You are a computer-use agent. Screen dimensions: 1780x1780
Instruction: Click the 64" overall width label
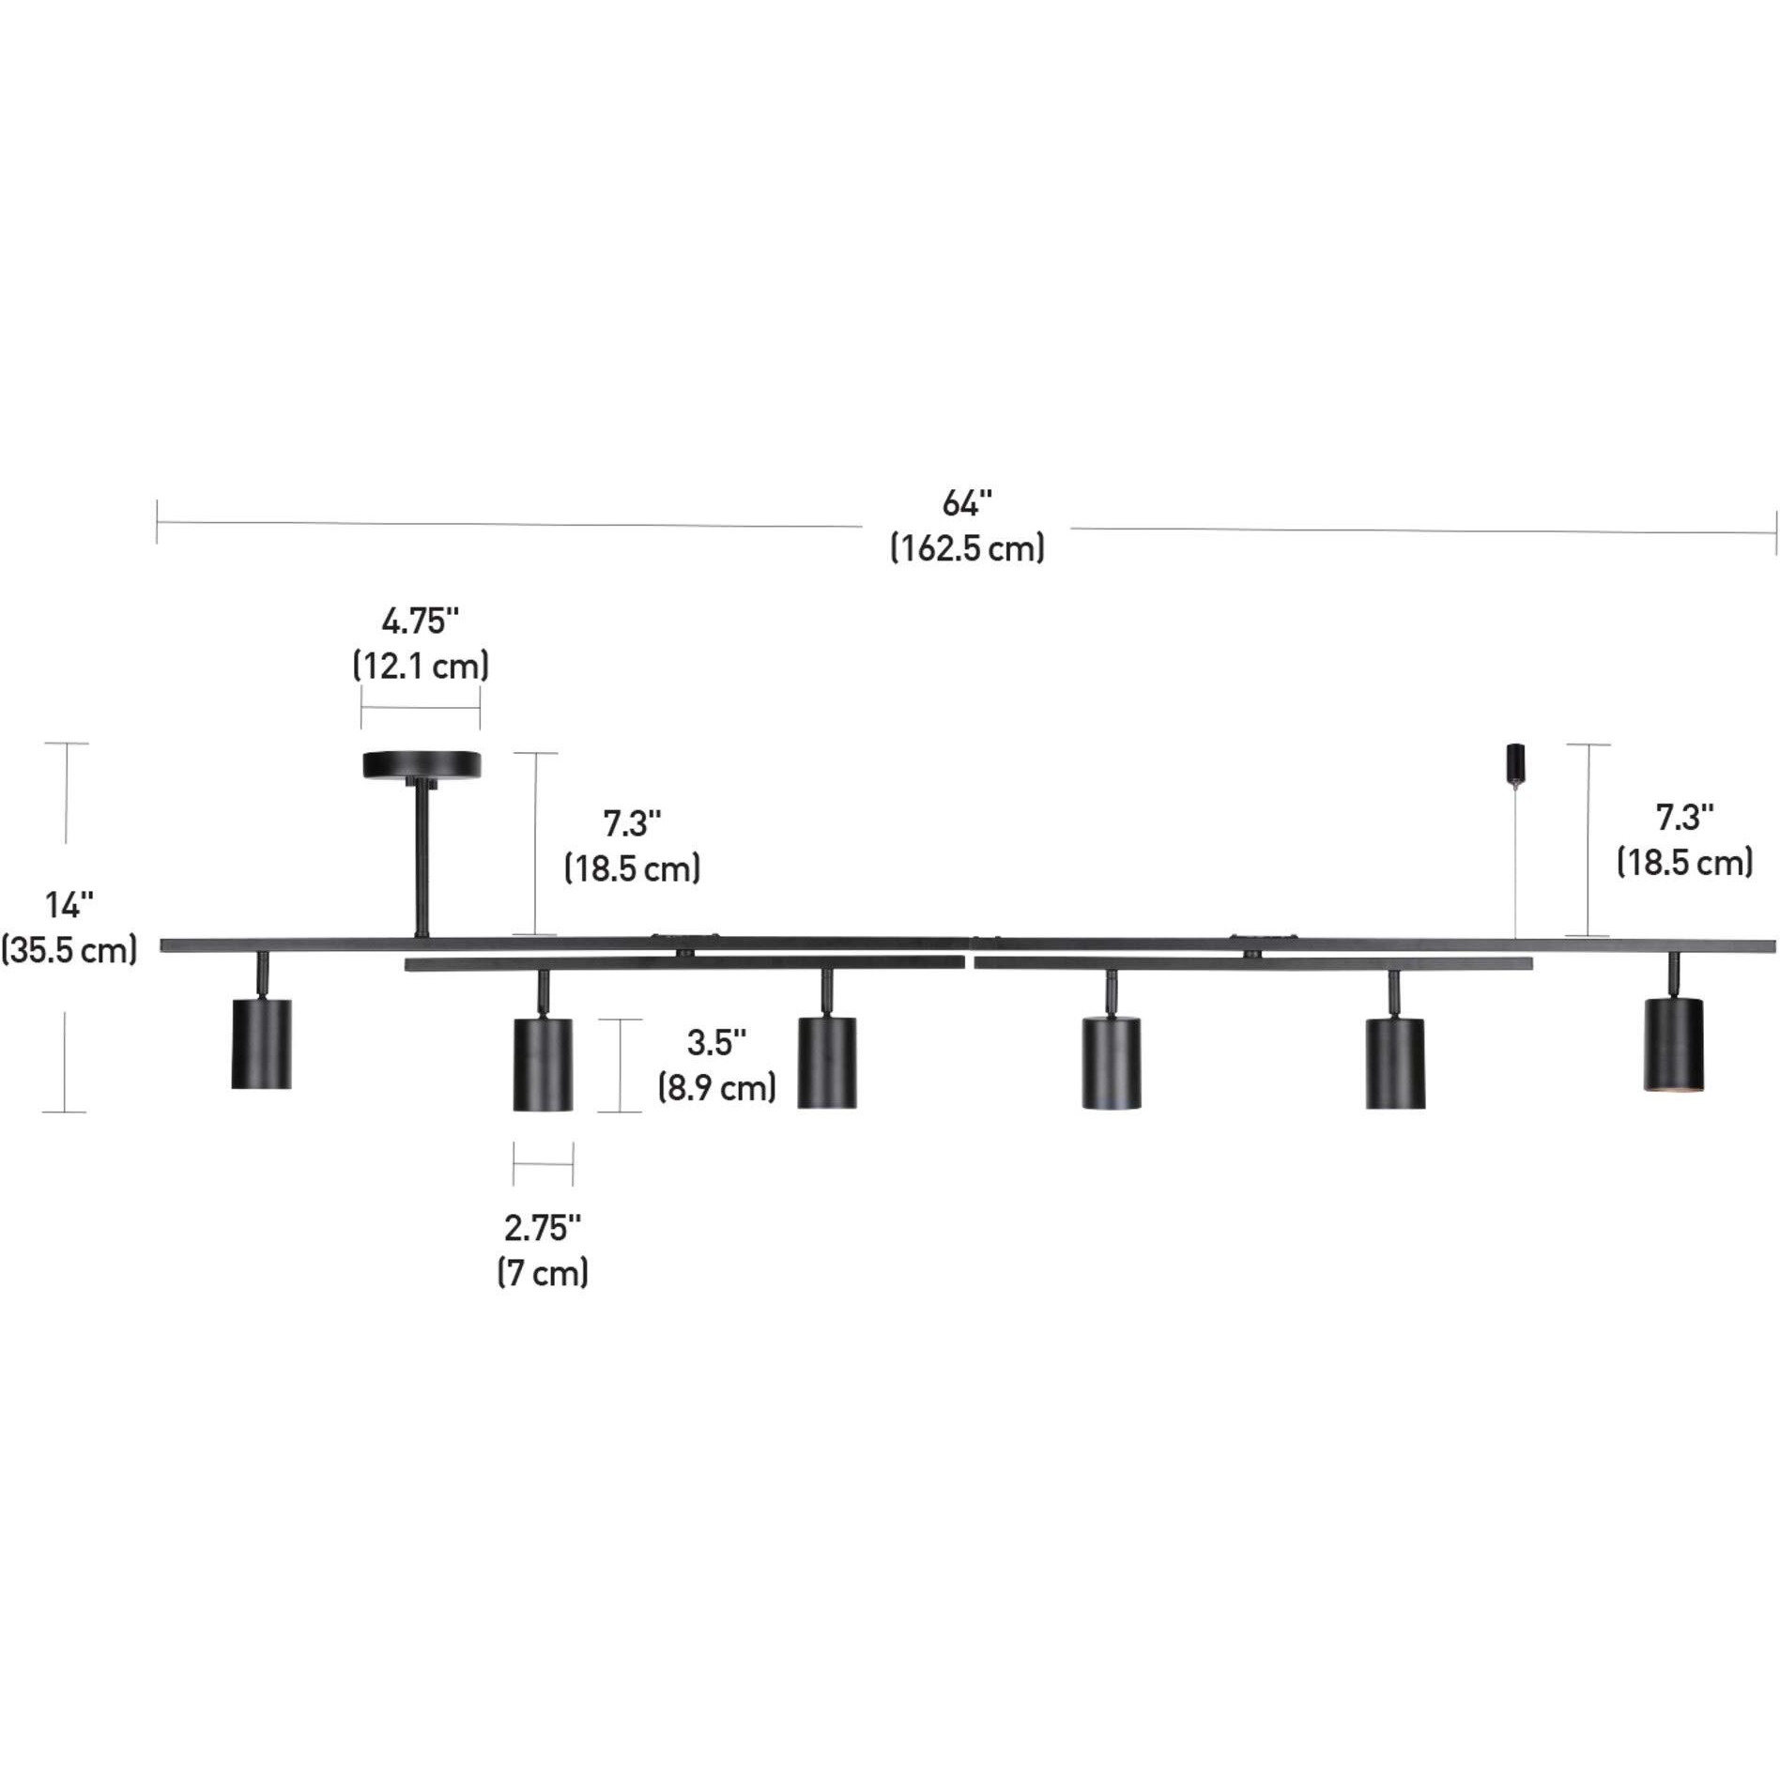[967, 504]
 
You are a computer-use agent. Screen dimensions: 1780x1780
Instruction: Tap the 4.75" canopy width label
[421, 621]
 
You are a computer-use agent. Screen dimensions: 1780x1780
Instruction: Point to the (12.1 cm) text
[421, 666]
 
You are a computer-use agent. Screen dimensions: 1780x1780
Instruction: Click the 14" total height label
[70, 905]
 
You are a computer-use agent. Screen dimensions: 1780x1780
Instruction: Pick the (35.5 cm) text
[69, 950]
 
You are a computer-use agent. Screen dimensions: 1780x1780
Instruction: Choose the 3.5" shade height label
[717, 1042]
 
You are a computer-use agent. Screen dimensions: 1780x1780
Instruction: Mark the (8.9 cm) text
[717, 1087]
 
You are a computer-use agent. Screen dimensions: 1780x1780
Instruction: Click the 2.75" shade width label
[543, 1227]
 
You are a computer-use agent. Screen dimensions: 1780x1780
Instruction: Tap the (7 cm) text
[543, 1273]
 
